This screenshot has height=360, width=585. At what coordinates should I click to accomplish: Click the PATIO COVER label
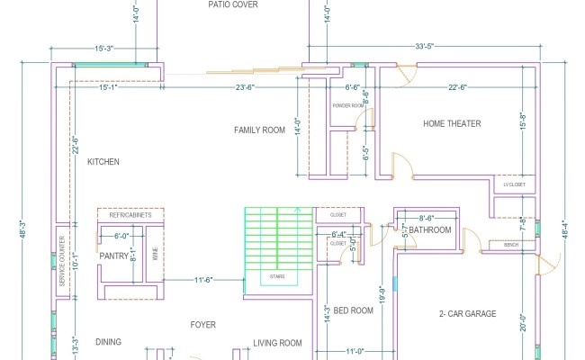tap(233, 4)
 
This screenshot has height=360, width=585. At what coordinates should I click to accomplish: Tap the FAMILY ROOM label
tap(259, 130)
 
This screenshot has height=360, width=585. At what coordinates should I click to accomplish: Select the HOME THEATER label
tap(452, 124)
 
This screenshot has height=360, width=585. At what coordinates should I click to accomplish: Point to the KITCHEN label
tap(103, 162)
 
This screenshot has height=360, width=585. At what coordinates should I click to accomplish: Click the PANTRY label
tap(114, 256)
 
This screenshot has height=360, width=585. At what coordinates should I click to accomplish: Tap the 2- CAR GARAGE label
tap(468, 314)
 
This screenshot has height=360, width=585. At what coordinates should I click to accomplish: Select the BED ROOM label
tap(353, 310)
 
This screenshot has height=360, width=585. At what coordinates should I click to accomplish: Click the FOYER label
tap(202, 324)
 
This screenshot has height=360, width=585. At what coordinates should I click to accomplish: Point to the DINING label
tap(109, 342)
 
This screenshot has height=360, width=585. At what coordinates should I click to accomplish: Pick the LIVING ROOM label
tap(276, 343)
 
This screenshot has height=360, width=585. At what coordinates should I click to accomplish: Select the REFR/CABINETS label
tap(130, 216)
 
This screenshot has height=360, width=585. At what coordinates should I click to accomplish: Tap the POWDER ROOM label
tap(347, 105)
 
